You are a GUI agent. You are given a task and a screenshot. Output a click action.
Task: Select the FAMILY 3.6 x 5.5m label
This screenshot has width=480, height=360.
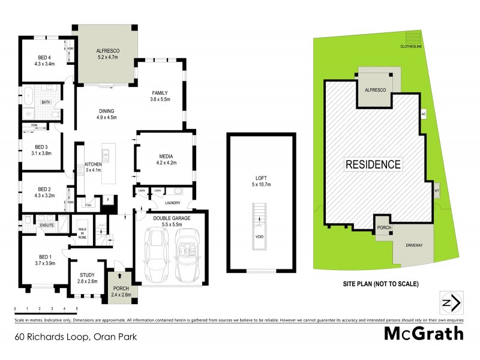tap(159, 95)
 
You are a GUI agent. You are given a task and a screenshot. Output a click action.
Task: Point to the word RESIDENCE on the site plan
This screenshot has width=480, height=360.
tap(372, 164)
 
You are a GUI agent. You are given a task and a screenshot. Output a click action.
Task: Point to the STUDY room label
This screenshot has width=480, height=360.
tap(88, 278)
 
